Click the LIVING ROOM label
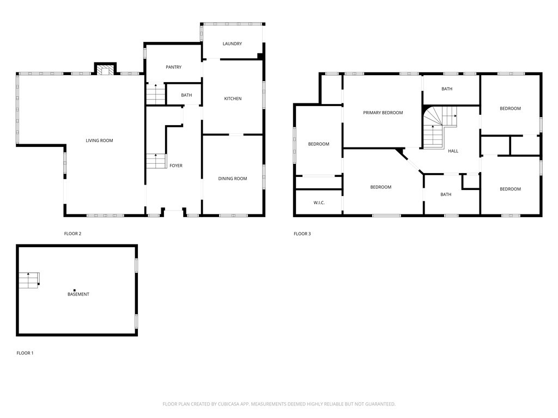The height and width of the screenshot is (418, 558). [x=99, y=140]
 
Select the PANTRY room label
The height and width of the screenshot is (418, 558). [x=173, y=67]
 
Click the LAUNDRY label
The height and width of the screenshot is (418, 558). [x=232, y=44]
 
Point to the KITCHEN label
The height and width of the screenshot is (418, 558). [x=233, y=99]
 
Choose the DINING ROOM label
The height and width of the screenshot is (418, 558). [x=233, y=179]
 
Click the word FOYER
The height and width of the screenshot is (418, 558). [x=176, y=165]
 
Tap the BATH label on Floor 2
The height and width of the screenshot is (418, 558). [x=186, y=95]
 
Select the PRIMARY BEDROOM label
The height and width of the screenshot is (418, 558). [x=383, y=113]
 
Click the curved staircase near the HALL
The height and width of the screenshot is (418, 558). [x=439, y=126]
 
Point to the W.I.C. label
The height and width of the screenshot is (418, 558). [x=319, y=203]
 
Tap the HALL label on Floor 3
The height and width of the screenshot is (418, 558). [x=453, y=151]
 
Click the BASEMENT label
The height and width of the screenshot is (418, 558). [x=78, y=294]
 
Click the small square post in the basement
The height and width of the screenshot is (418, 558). [x=75, y=290]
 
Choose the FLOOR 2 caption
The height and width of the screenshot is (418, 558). [x=72, y=234]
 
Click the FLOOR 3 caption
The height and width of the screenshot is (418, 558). [x=302, y=234]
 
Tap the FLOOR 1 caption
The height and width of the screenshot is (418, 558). [x=25, y=353]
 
